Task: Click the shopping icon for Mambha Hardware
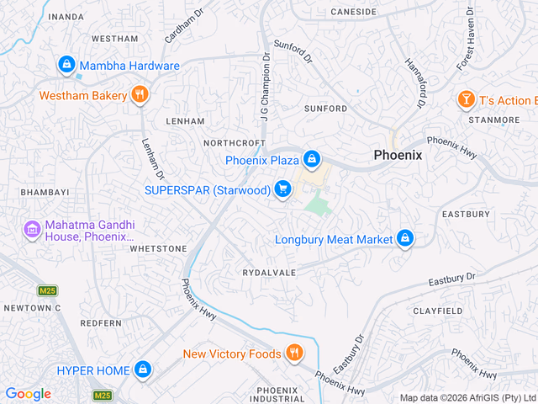point(66,65)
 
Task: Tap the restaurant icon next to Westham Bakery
point(140,95)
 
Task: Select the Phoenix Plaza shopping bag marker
point(312,158)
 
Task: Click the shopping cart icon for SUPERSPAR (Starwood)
point(282,189)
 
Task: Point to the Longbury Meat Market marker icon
point(405,239)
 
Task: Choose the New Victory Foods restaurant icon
point(293,353)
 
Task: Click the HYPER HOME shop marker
point(143,370)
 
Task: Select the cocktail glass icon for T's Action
point(465,100)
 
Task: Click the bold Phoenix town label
point(398,156)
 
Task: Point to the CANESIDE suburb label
point(353,12)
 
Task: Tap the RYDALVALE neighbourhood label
point(269,274)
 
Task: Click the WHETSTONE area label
point(158,249)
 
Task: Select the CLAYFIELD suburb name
point(437,311)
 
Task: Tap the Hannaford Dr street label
point(413,82)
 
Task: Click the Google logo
point(28,394)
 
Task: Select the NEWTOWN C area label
point(32,308)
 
